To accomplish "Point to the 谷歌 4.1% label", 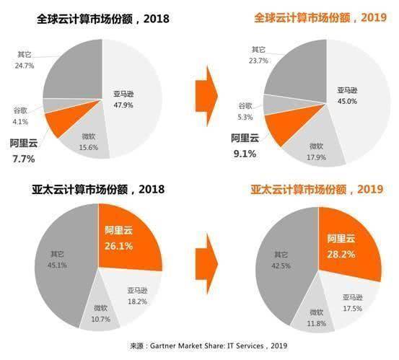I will pos(20,117).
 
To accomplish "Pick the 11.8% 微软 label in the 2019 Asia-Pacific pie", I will pos(315,317).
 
